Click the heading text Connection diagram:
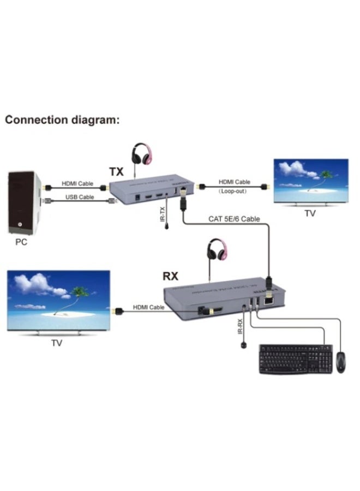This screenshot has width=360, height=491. click(62, 120)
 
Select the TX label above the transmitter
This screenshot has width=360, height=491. click(116, 172)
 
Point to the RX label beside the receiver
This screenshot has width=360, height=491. click(171, 276)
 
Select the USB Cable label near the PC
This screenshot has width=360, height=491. click(80, 196)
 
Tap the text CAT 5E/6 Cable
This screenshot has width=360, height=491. click(234, 219)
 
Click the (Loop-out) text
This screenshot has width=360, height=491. click(234, 191)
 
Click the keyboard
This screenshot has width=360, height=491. click(295, 360)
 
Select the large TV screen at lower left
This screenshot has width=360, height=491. click(59, 301)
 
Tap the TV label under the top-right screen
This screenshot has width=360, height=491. click(310, 213)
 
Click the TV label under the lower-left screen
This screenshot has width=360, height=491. click(57, 343)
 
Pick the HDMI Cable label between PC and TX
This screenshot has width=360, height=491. click(77, 184)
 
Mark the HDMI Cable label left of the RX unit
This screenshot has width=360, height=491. click(149, 308)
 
